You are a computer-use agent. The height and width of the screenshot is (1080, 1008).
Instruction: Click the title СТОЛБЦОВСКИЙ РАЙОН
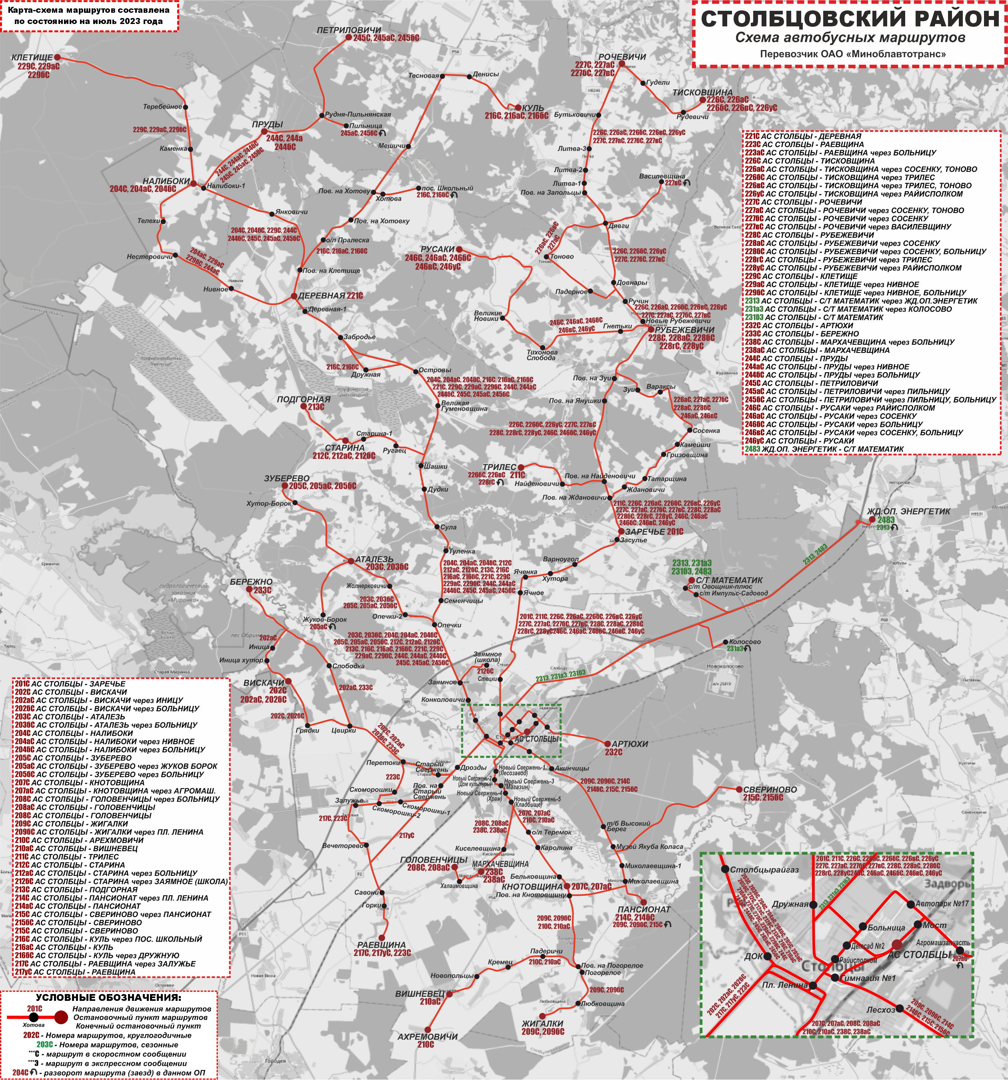850,18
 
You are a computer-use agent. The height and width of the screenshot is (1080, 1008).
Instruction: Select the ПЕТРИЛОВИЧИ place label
348,30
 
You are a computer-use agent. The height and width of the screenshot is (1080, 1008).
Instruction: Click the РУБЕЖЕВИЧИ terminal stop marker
650,329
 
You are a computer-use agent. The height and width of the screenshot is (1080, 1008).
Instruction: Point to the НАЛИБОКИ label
166,181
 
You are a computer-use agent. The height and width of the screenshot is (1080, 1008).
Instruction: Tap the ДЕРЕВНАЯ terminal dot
294,296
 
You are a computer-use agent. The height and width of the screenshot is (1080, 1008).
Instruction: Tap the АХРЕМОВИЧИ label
427,1036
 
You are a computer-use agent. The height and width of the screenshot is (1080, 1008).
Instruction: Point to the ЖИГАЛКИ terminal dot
542,1016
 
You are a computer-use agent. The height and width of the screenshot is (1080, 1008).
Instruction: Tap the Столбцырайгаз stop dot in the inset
725,869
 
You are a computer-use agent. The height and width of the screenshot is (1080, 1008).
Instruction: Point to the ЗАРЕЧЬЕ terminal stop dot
621,531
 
